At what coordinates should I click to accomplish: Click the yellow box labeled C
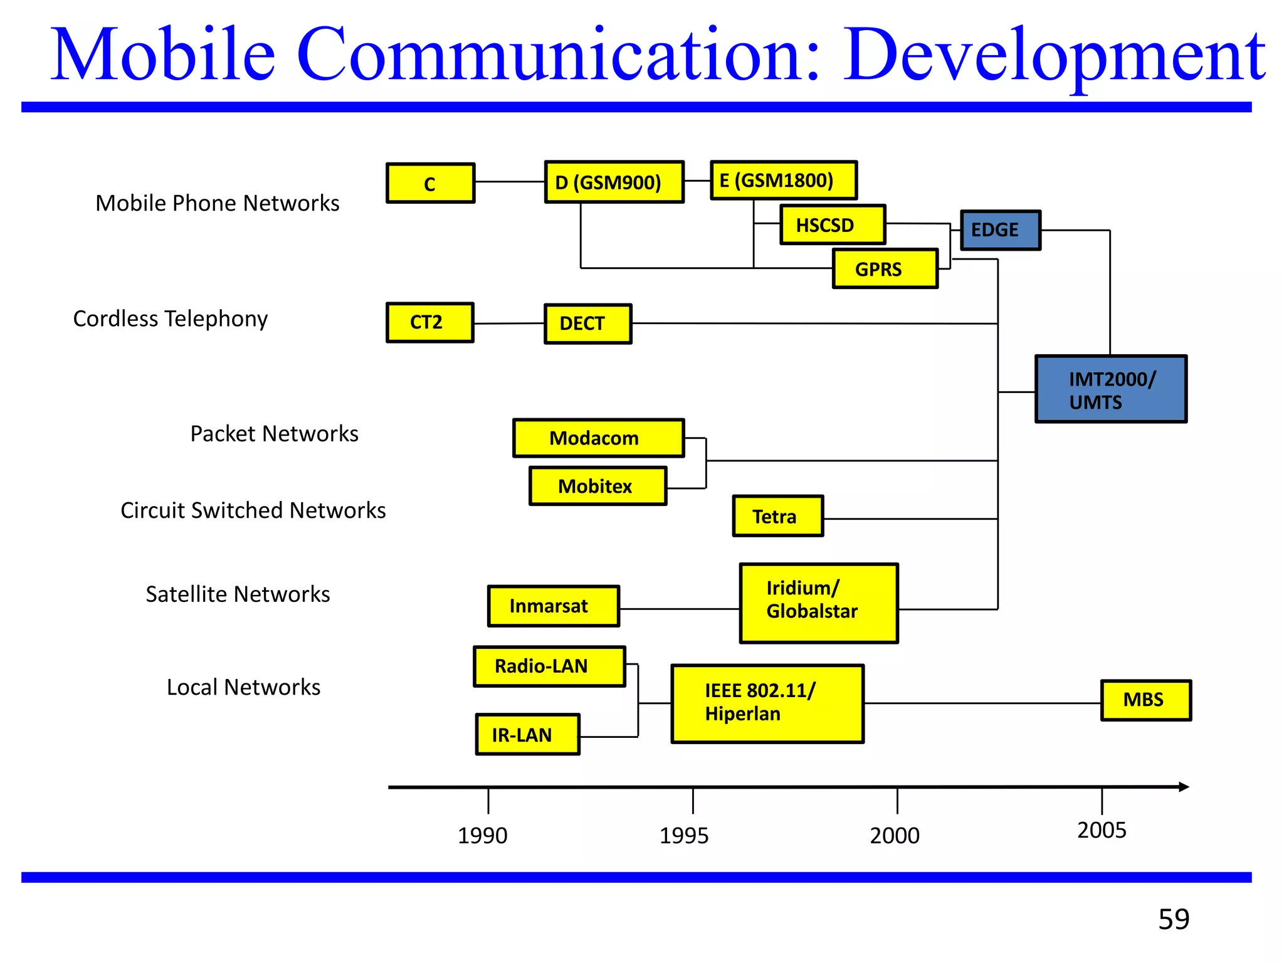[x=430, y=183]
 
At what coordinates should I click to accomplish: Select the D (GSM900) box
[x=614, y=182]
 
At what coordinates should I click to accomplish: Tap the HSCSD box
[x=833, y=224]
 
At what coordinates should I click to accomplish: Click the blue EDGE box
[x=1000, y=230]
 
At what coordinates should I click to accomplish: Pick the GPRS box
[x=885, y=269]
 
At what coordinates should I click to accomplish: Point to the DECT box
[x=587, y=324]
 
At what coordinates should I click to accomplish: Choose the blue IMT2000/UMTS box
[x=1110, y=389]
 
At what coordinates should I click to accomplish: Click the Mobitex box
[x=597, y=486]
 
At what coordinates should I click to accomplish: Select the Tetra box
[x=777, y=516]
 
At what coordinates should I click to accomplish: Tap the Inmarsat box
[x=553, y=606]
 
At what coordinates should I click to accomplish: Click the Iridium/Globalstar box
[x=818, y=603]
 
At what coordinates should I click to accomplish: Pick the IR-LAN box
[x=527, y=734]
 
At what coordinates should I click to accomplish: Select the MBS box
[x=1145, y=700]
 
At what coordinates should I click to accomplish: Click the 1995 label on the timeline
[x=683, y=835]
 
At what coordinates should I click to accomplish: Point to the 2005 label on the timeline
[x=1102, y=830]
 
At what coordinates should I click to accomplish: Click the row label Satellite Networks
[x=238, y=594]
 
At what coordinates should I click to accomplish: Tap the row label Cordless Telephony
[x=170, y=318]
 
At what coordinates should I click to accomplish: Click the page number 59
[x=1173, y=919]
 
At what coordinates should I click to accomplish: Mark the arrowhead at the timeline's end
[x=1183, y=787]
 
